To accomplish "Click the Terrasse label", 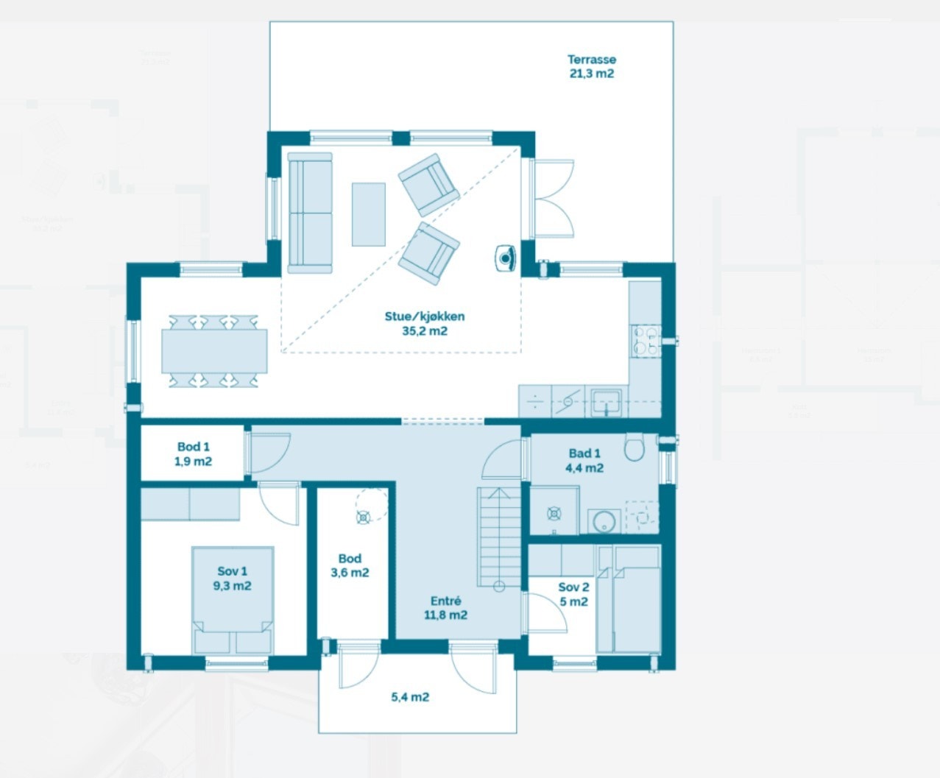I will [x=591, y=60].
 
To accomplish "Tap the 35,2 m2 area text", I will [x=425, y=331].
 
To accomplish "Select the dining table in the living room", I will [x=214, y=351].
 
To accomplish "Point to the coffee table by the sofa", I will [x=368, y=214].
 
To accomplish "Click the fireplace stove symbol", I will [x=506, y=258].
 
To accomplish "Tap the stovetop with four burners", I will [x=646, y=341].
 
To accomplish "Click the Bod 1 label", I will [x=194, y=447].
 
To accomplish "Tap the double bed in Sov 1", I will [x=233, y=600].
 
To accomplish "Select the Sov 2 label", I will [x=573, y=587].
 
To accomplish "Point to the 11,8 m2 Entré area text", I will [x=445, y=615].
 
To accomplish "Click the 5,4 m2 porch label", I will [x=410, y=697].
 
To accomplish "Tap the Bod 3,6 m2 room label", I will [x=350, y=565].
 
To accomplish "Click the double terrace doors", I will [x=554, y=197].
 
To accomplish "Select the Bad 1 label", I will [x=584, y=453].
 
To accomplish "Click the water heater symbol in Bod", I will [x=364, y=517].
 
